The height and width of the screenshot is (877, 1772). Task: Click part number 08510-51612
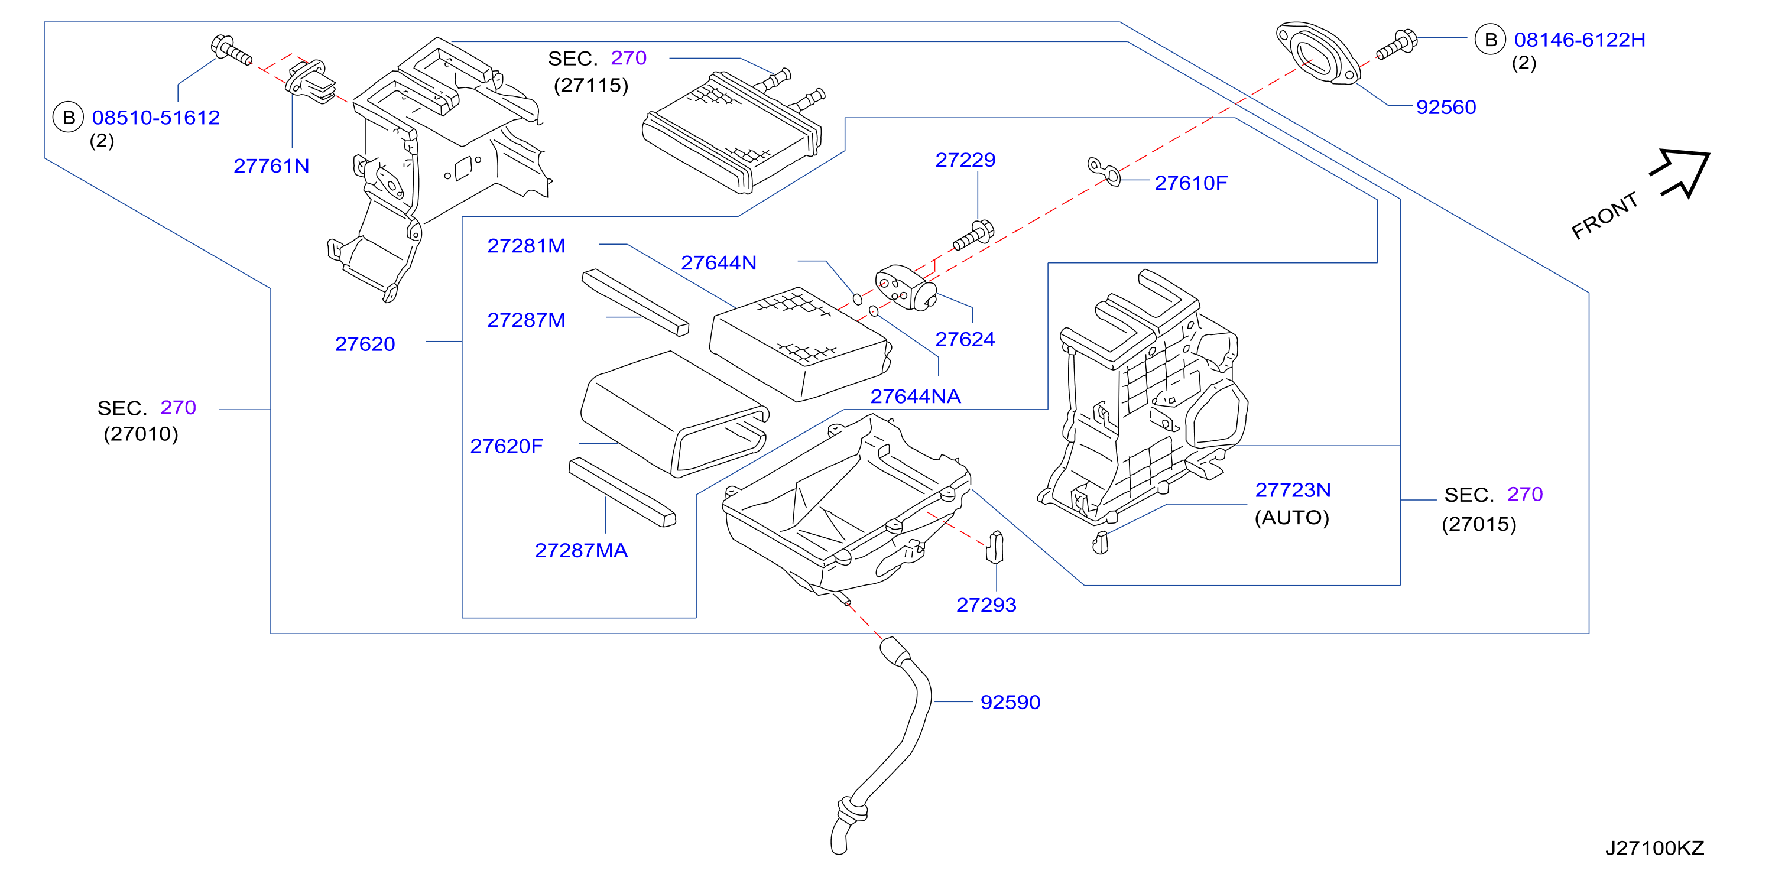coord(156,118)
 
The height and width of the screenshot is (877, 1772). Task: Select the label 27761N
coord(272,166)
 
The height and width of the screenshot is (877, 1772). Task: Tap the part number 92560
coord(1446,108)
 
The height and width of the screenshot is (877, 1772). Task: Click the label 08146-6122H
coord(1579,40)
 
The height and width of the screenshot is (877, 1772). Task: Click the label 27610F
coord(1191,183)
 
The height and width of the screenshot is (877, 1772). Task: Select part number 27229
coord(965,160)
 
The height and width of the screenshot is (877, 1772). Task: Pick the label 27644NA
coord(916,396)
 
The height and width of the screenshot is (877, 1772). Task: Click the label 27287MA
coord(581,550)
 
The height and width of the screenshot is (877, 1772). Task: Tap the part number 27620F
coord(507,446)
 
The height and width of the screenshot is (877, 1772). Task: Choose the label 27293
coord(986,605)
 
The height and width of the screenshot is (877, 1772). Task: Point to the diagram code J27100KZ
coord(1654,848)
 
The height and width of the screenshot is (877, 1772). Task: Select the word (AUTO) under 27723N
coord(1292,517)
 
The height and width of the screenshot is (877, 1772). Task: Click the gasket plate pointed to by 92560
coord(1317,54)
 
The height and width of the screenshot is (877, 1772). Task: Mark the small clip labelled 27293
coord(995,547)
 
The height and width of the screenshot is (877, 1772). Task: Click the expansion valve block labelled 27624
coord(906,288)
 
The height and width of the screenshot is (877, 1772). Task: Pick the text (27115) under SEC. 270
coord(591,85)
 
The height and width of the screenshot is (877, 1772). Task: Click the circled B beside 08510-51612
coord(69,118)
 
